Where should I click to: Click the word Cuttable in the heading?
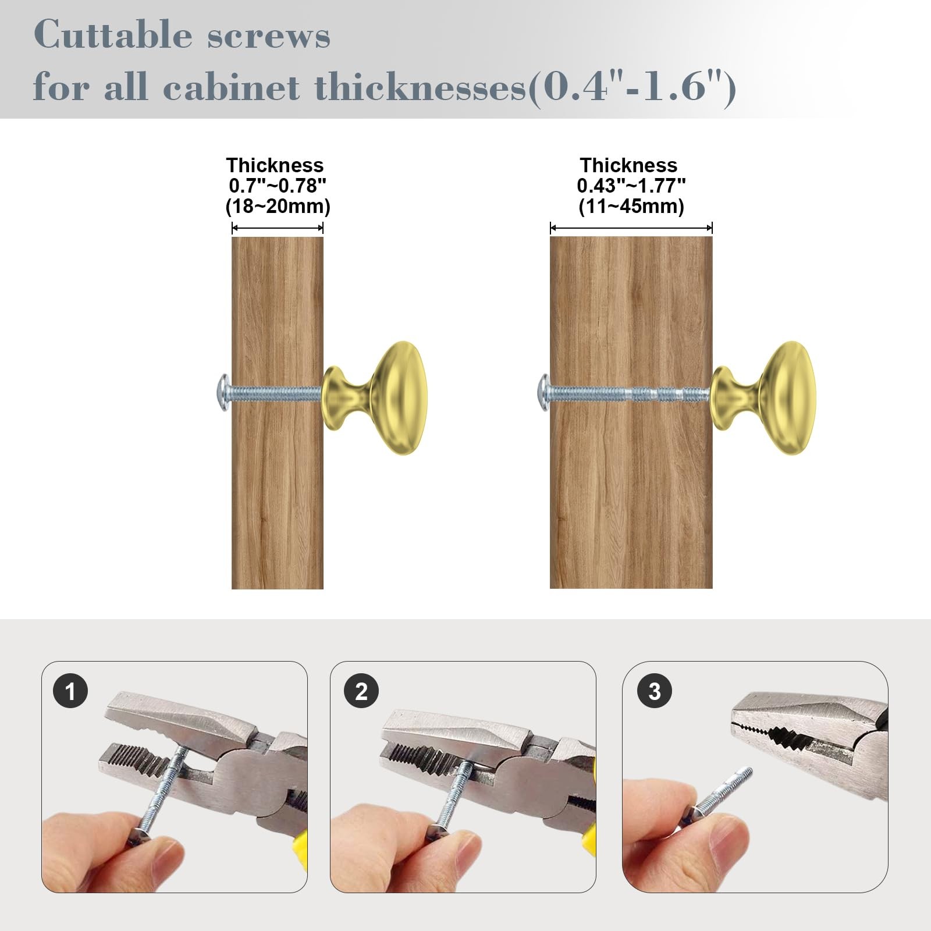pos(113,34)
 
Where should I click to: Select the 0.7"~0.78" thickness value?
pos(278,186)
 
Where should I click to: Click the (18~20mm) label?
pos(278,207)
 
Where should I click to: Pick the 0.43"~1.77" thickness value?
pos(631,186)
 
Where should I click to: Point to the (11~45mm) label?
pos(631,207)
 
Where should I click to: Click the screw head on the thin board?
pos(223,393)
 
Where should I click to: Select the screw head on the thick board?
pos(542,393)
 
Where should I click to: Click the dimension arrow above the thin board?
pos(278,228)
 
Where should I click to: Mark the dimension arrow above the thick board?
pos(631,228)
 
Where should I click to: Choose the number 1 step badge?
pos(70,691)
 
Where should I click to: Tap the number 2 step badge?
pos(361,691)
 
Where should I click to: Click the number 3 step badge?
pos(654,691)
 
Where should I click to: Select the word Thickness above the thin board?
pos(275,165)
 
